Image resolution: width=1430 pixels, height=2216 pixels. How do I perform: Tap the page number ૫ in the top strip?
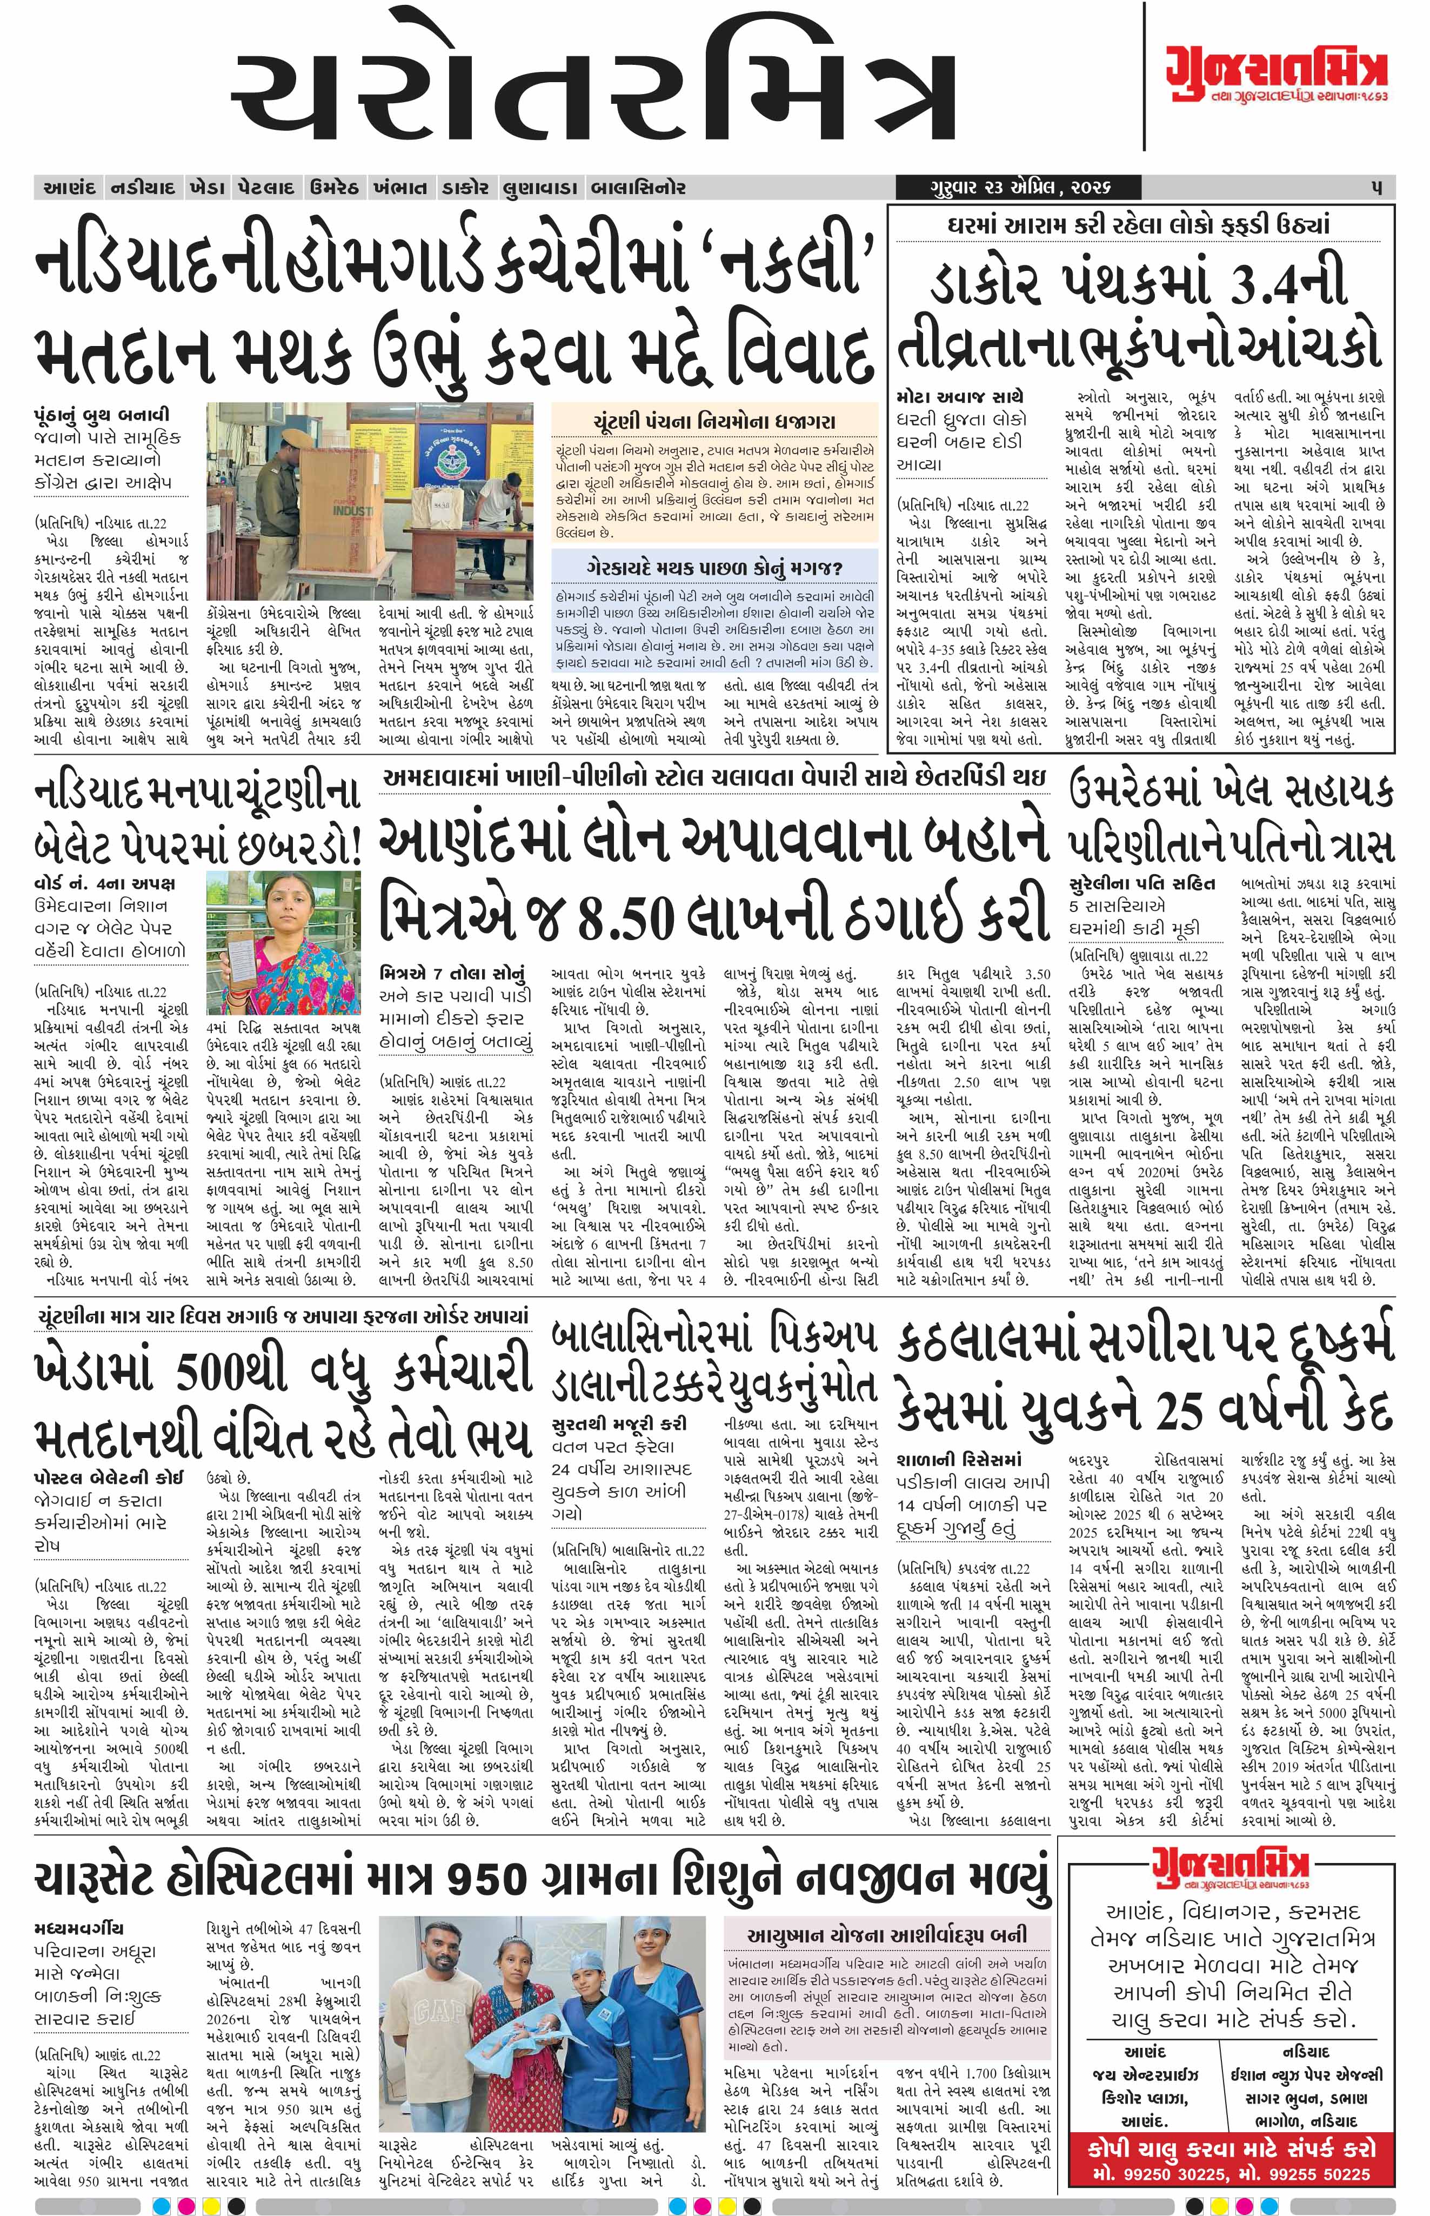(1377, 188)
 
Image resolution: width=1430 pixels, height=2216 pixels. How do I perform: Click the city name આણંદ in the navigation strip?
(70, 188)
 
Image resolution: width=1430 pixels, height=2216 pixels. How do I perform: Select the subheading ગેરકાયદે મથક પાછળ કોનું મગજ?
(713, 568)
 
